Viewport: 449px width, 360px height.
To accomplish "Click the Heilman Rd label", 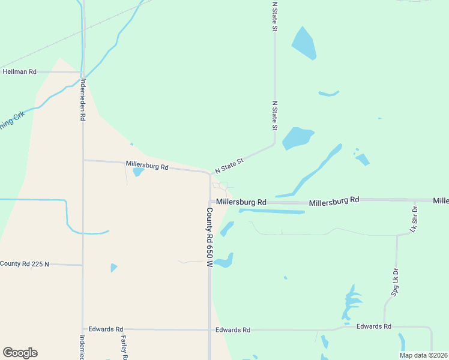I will coord(20,71).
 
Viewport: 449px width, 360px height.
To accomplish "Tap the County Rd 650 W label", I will coord(209,237).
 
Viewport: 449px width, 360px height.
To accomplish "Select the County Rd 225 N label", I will coord(24,264).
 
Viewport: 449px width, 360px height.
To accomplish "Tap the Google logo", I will coord(20,353).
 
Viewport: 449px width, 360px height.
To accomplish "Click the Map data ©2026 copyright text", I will coord(423,355).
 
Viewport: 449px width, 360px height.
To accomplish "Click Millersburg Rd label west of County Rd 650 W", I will coord(147,165).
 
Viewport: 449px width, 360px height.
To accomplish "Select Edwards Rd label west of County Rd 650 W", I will coord(106,329).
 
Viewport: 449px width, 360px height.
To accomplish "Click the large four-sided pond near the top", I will coord(304,43).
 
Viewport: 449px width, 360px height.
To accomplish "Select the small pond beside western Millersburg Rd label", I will coord(137,172).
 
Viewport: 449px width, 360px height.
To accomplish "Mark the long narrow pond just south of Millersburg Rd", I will coord(271,211).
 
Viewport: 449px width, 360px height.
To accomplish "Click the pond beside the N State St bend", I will coord(297,138).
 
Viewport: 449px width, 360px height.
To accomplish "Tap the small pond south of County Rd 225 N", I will coord(113,268).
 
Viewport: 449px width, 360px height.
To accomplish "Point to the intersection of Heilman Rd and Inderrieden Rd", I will coord(83,72).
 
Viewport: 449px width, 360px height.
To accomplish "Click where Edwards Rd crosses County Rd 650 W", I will coord(209,329).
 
